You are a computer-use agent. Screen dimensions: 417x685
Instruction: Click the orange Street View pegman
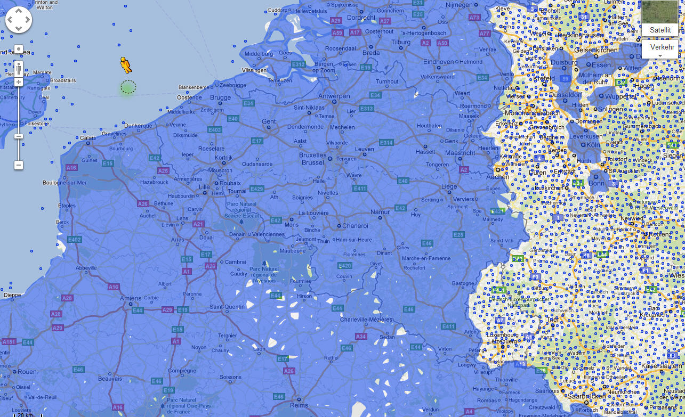(126, 65)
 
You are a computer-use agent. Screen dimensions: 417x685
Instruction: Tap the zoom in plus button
(19, 82)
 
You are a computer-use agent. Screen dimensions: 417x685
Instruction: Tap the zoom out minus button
(19, 165)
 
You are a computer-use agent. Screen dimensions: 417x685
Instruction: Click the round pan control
(19, 20)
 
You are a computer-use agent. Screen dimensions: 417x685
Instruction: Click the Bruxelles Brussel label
(312, 159)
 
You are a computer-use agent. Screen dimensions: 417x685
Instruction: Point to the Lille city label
(204, 187)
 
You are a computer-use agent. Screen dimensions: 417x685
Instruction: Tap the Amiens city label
(116, 298)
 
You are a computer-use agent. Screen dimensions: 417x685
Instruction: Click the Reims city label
(299, 405)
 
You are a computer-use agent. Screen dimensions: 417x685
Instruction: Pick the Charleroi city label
(354, 226)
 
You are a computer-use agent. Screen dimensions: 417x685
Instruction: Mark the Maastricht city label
(460, 153)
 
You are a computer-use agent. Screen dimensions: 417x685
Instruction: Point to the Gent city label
(269, 121)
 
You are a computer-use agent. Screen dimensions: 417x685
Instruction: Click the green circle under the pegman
(128, 87)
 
